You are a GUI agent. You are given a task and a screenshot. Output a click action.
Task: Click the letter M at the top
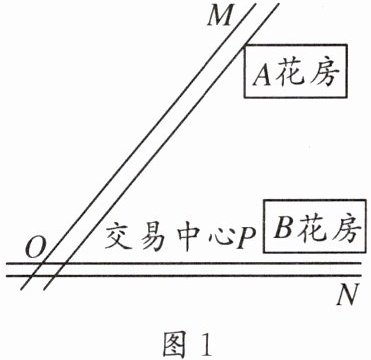click(219, 17)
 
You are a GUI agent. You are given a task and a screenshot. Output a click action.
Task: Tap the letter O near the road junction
click(35, 249)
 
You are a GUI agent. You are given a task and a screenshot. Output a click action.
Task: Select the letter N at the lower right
click(347, 294)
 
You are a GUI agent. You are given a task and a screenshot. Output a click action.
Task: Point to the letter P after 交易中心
click(246, 239)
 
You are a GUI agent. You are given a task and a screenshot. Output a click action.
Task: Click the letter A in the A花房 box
click(262, 74)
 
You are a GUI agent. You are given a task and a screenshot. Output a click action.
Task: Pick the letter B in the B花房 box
click(283, 228)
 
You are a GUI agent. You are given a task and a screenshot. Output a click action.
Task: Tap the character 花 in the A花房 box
click(288, 73)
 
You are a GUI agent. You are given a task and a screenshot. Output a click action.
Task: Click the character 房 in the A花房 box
click(323, 73)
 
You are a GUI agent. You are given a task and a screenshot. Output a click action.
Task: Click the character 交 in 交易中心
click(119, 238)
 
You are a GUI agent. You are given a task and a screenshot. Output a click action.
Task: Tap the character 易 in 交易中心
click(152, 239)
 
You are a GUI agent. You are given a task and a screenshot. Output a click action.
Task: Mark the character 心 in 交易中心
click(219, 239)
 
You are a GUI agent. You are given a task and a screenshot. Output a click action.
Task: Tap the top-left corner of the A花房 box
click(245, 45)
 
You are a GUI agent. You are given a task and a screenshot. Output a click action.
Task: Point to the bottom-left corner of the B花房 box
click(264, 252)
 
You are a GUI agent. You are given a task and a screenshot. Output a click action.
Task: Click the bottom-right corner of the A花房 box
click(347, 97)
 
